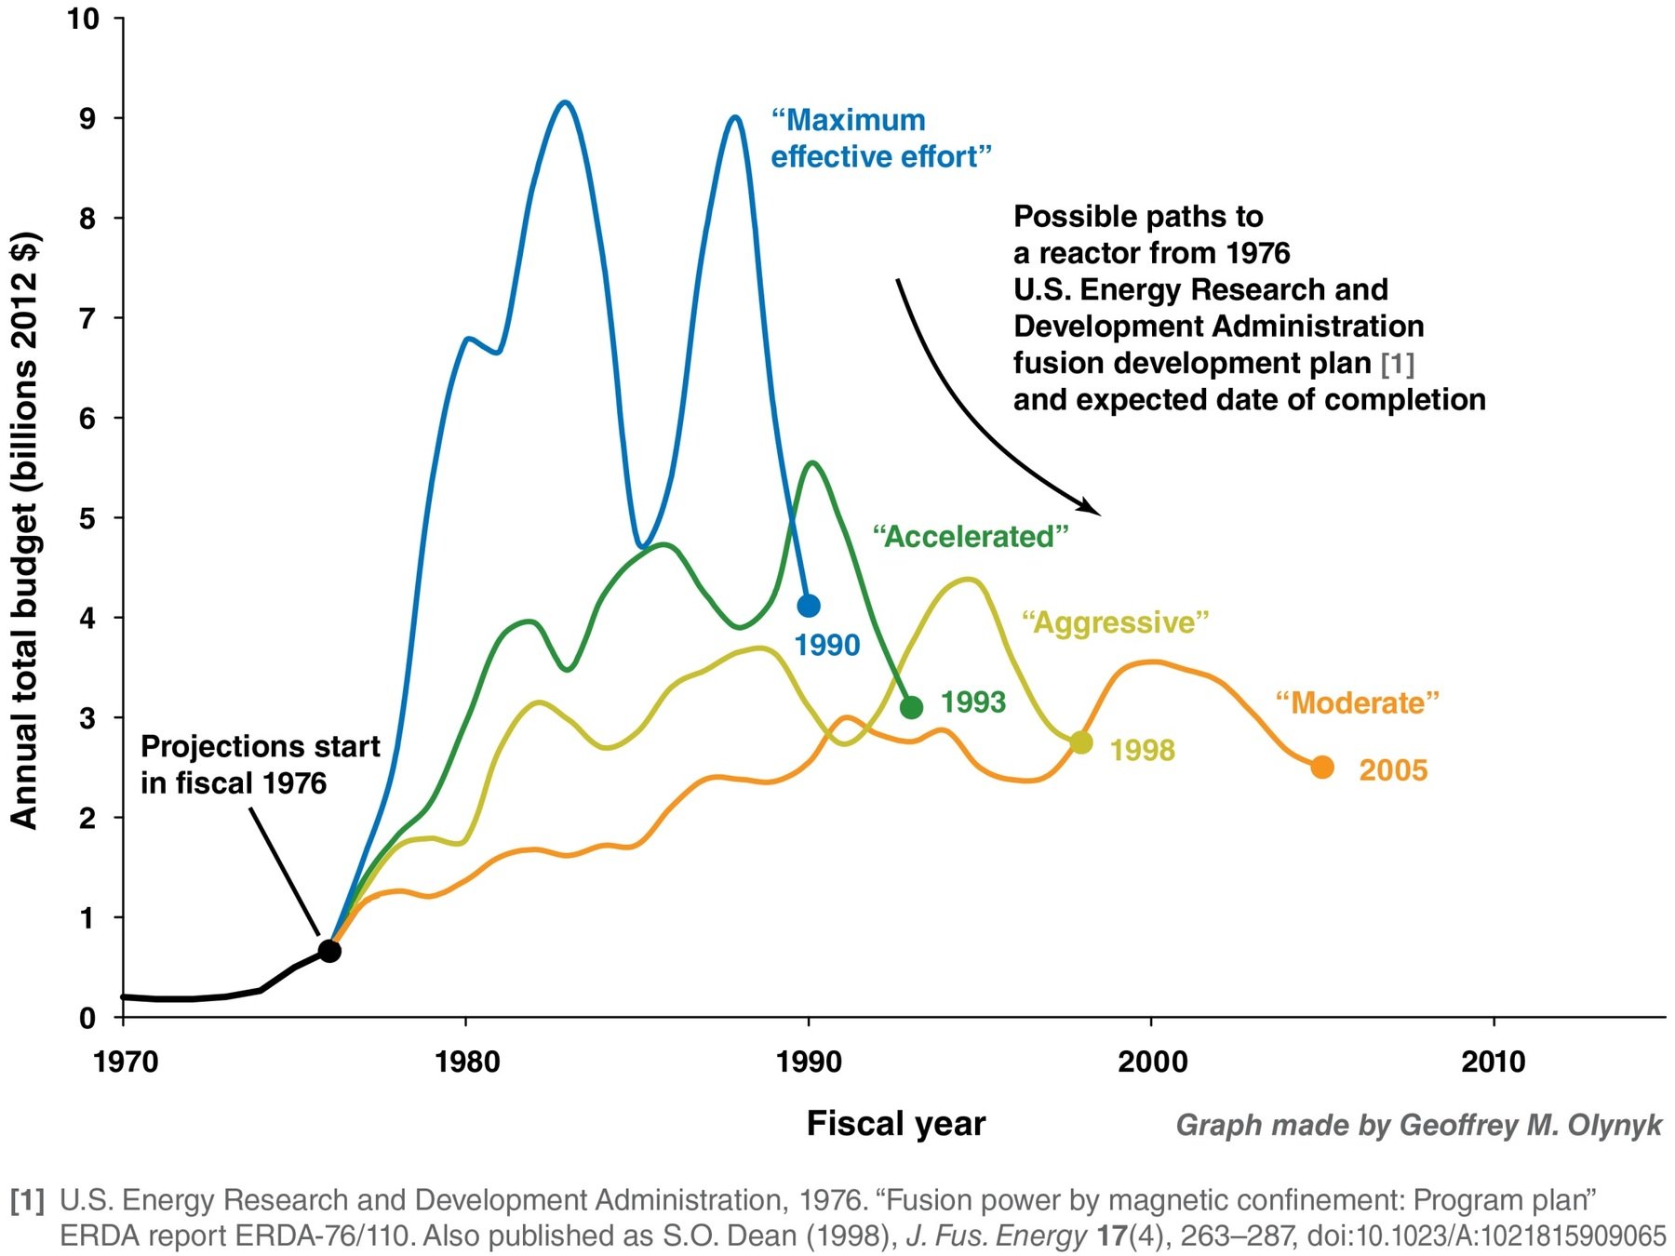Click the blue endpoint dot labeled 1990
coord(809,606)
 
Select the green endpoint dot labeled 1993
coord(912,707)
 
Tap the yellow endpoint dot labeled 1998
coord(1080,742)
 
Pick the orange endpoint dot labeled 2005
coord(1322,768)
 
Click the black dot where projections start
coord(329,951)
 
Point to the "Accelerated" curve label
coord(971,537)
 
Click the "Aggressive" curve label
coord(1115,622)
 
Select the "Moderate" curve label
coord(1357,702)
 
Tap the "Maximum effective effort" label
coord(880,139)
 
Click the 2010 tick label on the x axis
coord(1493,1062)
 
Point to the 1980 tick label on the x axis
coord(466,1062)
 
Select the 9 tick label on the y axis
coord(87,118)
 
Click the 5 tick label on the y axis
coord(87,518)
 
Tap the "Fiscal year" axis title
coord(895,1124)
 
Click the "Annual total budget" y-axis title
coord(25,530)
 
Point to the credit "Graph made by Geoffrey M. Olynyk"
coord(1418,1126)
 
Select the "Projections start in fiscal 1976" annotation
coord(260,765)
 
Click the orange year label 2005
coord(1393,770)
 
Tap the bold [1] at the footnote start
coord(27,1200)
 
